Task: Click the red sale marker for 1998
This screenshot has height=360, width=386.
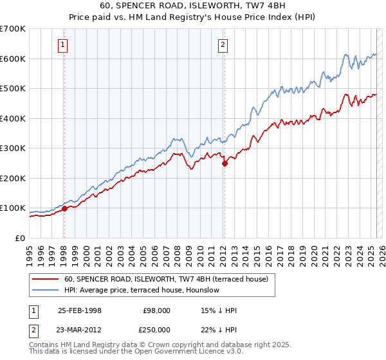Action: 64,208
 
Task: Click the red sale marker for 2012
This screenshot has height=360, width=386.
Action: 225,163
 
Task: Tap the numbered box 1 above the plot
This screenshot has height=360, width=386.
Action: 63,44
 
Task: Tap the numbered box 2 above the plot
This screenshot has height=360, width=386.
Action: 223,44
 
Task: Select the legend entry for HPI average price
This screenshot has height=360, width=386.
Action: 142,290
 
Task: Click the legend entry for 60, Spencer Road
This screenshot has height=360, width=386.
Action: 170,279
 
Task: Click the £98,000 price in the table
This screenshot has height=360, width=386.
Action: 157,310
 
